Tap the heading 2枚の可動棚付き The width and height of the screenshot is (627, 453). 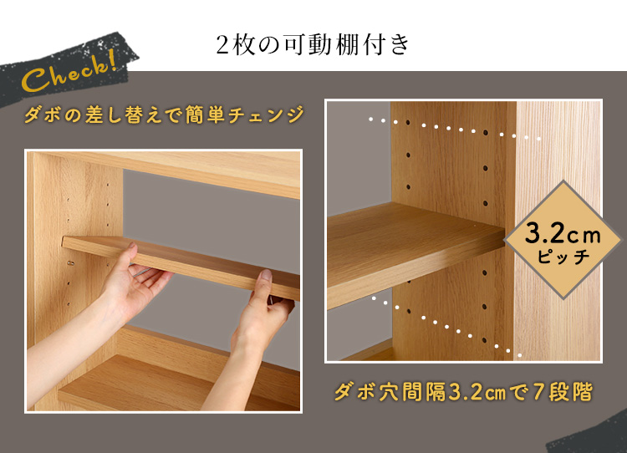pos(313,44)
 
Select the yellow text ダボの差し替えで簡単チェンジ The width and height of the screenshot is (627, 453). pos(164,115)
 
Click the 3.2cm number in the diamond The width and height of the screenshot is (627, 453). pos(563,233)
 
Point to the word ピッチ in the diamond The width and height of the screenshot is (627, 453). pos(563,256)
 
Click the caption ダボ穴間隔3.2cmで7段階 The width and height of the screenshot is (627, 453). pos(463,392)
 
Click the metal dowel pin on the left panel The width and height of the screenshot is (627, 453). pos(71,263)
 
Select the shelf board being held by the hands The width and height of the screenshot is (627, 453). pos(181,266)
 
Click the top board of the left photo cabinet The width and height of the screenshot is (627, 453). pos(172,171)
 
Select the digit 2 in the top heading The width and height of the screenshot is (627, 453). pos(222,46)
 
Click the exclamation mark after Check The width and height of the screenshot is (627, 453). pos(113,60)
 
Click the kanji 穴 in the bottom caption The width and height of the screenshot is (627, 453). pos(389,392)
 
